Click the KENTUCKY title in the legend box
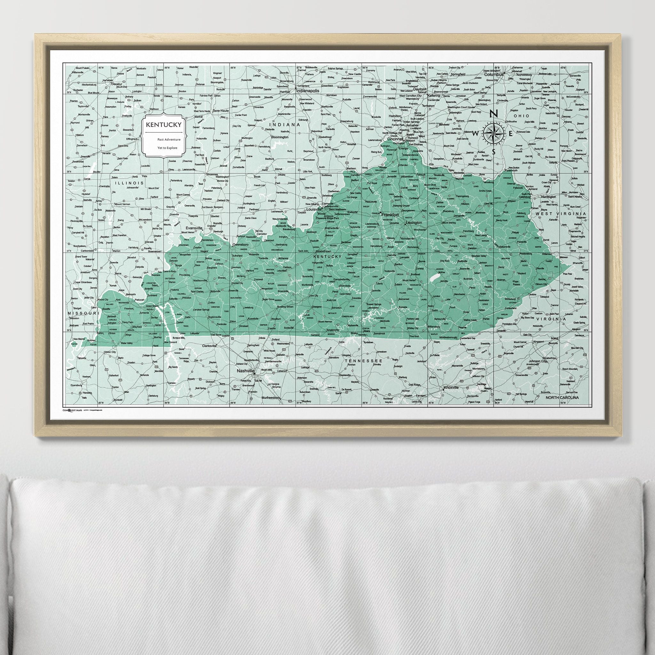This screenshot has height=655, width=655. [163, 125]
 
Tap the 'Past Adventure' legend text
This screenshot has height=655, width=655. [169, 139]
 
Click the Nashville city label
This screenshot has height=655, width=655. [245, 372]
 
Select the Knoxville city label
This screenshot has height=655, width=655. [451, 387]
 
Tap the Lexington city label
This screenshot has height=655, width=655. [414, 223]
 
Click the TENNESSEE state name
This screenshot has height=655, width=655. [364, 361]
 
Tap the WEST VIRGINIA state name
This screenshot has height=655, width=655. [561, 214]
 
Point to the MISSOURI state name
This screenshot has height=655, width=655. [83, 313]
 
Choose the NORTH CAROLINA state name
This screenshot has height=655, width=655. [562, 398]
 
